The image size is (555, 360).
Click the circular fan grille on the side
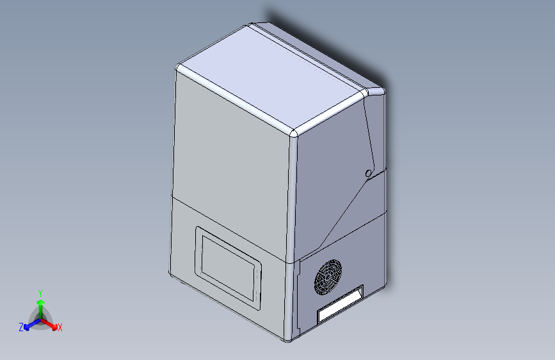click(328, 277)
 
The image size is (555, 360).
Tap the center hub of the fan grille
click(328, 277)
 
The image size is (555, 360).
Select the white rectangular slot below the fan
click(340, 304)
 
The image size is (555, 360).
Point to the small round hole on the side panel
click(369, 173)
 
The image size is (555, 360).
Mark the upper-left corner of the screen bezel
click(197, 228)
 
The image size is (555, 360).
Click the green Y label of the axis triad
click(40, 293)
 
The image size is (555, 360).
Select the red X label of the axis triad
click(60, 327)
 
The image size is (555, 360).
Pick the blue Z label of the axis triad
click(21, 327)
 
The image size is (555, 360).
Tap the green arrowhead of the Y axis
click(41, 302)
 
